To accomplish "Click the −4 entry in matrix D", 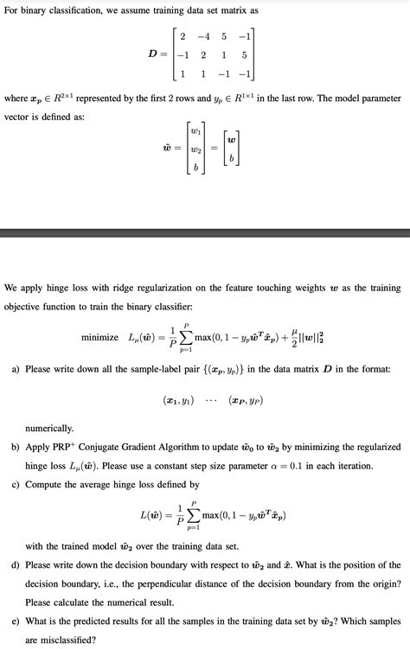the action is tap(203, 37).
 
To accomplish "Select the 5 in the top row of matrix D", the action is tap(224, 37).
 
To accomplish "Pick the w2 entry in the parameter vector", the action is tap(198, 149).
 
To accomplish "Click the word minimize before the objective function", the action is tap(99, 336).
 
